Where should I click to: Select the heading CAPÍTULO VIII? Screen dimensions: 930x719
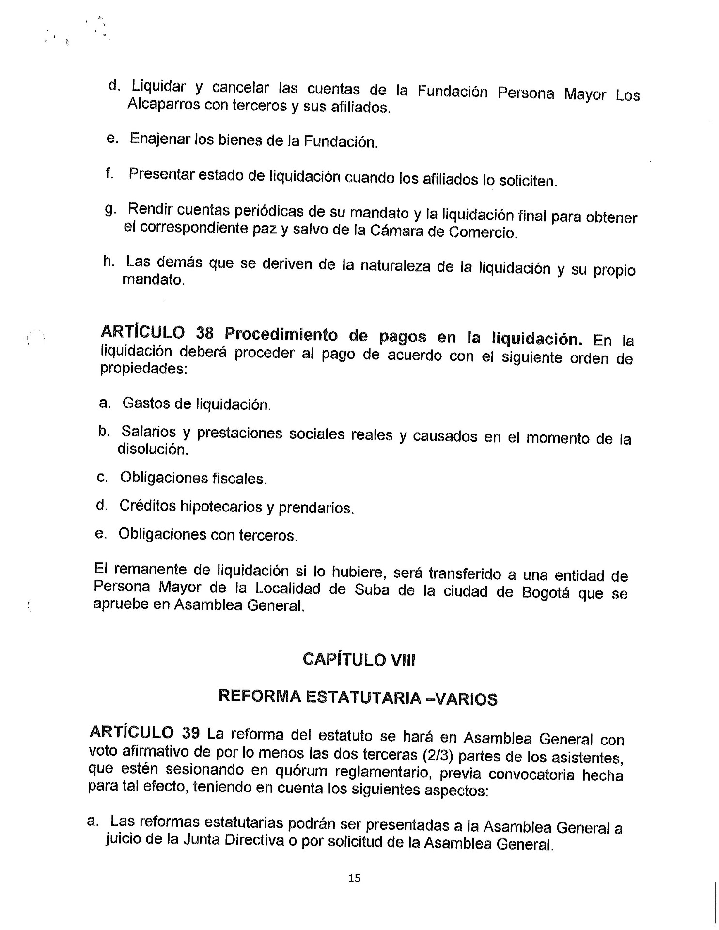(359, 660)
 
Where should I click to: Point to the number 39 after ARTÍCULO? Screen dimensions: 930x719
(190, 733)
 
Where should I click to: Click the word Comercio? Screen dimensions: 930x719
(483, 232)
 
